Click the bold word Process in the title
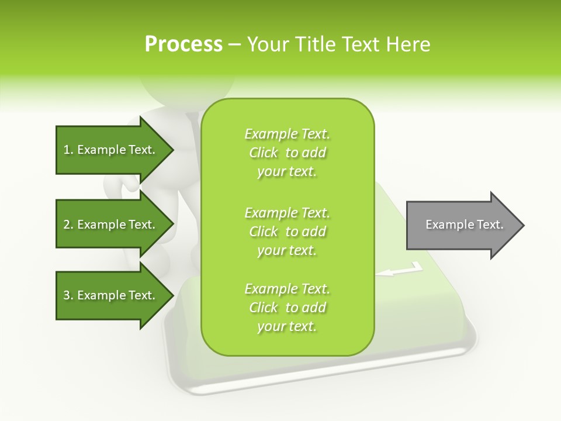point(183,44)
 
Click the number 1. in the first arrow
point(68,150)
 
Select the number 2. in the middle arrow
point(68,225)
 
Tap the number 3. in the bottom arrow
point(68,295)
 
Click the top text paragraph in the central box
point(288,153)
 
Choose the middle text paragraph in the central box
point(288,232)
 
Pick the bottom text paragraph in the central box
point(288,308)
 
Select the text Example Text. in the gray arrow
point(464,225)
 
